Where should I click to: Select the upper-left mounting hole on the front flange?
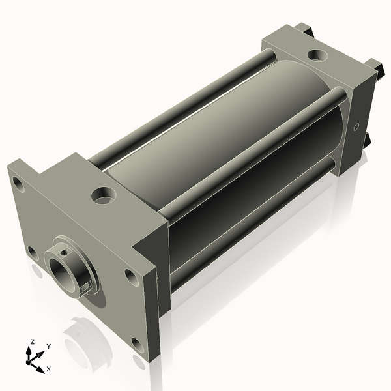[x=20, y=186]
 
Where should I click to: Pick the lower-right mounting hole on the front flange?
[x=136, y=343]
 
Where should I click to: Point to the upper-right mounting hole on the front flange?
[x=131, y=278]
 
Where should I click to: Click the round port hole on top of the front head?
[x=103, y=194]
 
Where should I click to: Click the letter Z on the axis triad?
[x=32, y=341]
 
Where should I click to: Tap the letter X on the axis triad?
[x=49, y=369]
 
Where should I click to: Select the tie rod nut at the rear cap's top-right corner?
[x=374, y=66]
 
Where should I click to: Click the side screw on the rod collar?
[x=87, y=285]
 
